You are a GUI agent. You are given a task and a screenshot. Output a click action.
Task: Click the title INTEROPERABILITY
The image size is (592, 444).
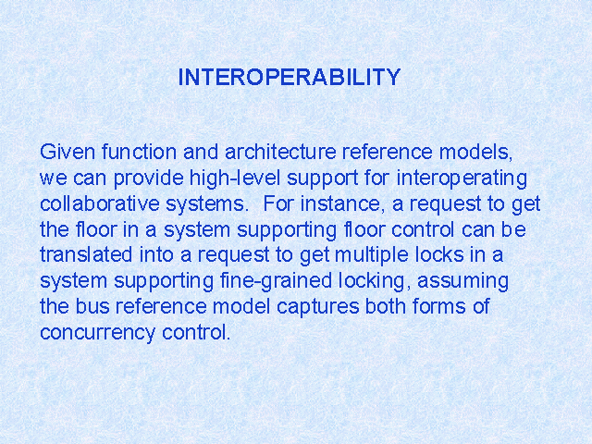pos(289,77)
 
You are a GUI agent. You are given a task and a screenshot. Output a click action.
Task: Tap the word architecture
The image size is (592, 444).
pos(280,152)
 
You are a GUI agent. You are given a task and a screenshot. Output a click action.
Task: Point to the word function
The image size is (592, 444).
pos(139,152)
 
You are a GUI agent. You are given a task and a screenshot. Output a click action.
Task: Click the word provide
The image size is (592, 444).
pos(148,179)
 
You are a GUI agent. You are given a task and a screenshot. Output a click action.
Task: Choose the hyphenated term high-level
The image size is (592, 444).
pos(235,178)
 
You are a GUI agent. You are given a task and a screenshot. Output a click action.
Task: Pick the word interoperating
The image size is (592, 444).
pos(462,179)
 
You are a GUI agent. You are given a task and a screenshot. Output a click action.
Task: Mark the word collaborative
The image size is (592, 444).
pos(100,203)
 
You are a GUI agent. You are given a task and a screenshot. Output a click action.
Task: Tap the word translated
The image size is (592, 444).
pos(86,255)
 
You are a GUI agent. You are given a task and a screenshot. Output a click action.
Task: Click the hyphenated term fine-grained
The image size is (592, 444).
pos(276,281)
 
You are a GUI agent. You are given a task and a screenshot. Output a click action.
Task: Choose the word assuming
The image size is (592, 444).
pos(462,281)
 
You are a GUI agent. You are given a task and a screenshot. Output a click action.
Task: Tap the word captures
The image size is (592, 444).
pos(317,307)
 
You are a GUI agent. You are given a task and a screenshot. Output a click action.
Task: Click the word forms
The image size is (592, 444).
pos(439,306)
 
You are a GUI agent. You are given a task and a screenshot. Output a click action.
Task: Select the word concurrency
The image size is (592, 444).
pos(98,333)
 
